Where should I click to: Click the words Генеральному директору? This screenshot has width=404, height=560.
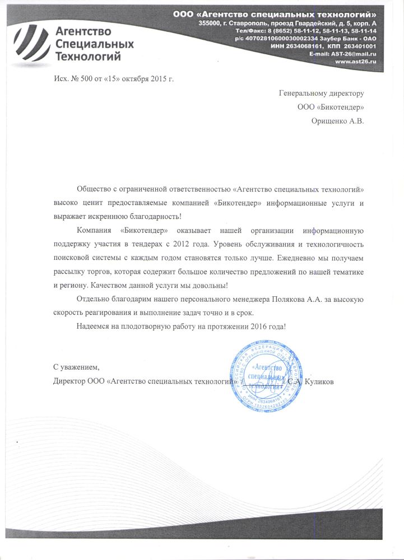tap(322, 93)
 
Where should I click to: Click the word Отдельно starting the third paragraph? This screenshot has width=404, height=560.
tap(92, 299)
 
